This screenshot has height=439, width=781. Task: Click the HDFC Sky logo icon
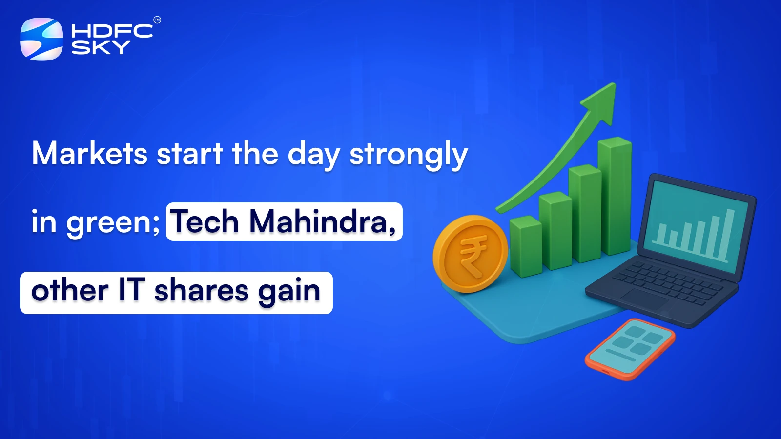pos(41,39)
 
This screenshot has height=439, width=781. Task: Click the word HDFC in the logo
pos(112,31)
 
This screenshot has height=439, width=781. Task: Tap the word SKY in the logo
pos(101,47)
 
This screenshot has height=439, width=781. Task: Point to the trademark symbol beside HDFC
pos(157,20)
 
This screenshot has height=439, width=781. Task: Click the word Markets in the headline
pos(90,154)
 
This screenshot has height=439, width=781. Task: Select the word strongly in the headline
pos(409,155)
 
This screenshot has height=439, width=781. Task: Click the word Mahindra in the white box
pos(322,222)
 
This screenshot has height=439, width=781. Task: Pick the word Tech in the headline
pos(204,222)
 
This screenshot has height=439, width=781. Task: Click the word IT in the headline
pos(132,290)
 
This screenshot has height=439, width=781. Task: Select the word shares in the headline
pos(201,291)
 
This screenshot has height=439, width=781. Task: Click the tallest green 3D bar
pos(615,195)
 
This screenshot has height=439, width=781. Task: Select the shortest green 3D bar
pos(526,246)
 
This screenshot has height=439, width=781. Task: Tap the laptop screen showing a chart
pos(696,227)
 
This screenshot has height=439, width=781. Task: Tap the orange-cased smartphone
pos(630,347)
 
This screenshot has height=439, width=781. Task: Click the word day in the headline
pos(313,155)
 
